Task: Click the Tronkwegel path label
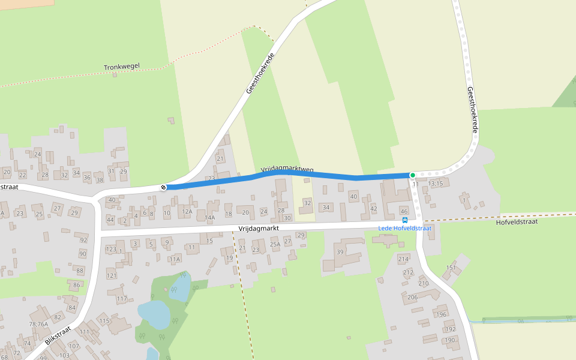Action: click(122, 68)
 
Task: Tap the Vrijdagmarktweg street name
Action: click(287, 170)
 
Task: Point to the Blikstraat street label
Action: click(58, 338)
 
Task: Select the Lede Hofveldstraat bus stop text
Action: click(404, 228)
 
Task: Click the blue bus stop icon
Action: click(405, 220)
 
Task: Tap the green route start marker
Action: click(412, 175)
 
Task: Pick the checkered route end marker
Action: click(163, 187)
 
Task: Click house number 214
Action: click(403, 259)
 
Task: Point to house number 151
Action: click(451, 268)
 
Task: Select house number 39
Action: click(340, 253)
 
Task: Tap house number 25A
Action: click(275, 244)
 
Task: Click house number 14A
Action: click(209, 217)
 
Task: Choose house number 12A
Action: click(187, 212)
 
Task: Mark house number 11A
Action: click(175, 259)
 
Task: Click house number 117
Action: click(122, 298)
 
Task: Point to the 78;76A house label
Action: click(38, 324)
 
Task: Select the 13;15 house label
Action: click(436, 184)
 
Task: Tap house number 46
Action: click(404, 212)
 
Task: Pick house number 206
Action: click(412, 298)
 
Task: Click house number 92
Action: click(83, 240)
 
